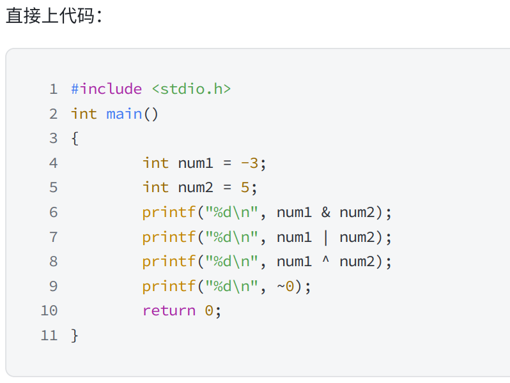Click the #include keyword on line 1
pos(106,89)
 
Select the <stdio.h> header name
pos(191,89)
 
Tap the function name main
pos(124,114)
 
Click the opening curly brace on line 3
pos(75,138)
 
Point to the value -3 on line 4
pos(249,163)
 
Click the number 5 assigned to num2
pos(245,187)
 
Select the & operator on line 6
pos(325,212)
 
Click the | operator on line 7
pos(325,237)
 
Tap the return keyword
pos(169,311)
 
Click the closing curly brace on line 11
pos(75,335)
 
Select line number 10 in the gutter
pos(49,311)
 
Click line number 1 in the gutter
pos(53,89)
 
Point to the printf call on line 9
pos(169,286)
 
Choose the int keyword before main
pos(84,114)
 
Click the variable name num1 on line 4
pos(196,163)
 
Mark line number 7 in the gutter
pos(53,237)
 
